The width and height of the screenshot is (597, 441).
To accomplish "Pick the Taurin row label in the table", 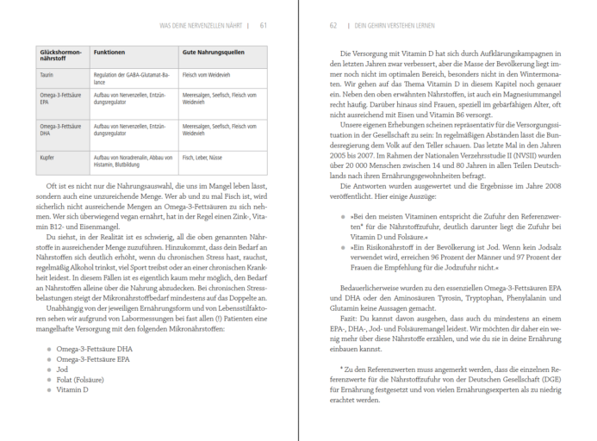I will (47, 75).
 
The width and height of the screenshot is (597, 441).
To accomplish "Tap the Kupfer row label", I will (48, 158).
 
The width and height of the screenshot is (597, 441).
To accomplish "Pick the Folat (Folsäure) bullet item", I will (77, 378).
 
